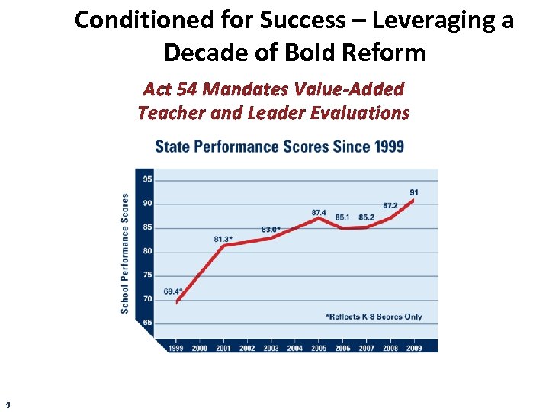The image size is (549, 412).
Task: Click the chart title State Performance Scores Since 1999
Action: pyautogui.click(x=279, y=146)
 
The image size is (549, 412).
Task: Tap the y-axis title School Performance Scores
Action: pyautogui.click(x=125, y=253)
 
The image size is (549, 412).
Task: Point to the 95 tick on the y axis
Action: pyautogui.click(x=147, y=179)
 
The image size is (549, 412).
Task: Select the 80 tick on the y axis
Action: pyautogui.click(x=147, y=251)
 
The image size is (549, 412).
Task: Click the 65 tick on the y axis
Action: pyautogui.click(x=147, y=323)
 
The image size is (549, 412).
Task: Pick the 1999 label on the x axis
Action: pyautogui.click(x=176, y=348)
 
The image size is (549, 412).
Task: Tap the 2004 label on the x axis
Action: pyautogui.click(x=295, y=348)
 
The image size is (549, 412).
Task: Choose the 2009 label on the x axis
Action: pyautogui.click(x=414, y=348)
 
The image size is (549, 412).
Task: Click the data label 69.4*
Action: pyautogui.click(x=173, y=291)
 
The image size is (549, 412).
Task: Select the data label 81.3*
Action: pyautogui.click(x=223, y=239)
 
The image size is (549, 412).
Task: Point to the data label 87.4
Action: pyautogui.click(x=319, y=212)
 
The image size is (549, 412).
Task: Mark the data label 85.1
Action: pyautogui.click(x=342, y=217)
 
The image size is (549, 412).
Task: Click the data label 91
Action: pyautogui.click(x=413, y=192)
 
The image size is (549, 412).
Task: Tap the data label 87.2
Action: pyautogui.click(x=390, y=206)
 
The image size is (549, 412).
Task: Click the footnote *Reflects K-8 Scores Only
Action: pyautogui.click(x=374, y=317)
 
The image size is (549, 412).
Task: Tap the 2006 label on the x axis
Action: pyautogui.click(x=342, y=348)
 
